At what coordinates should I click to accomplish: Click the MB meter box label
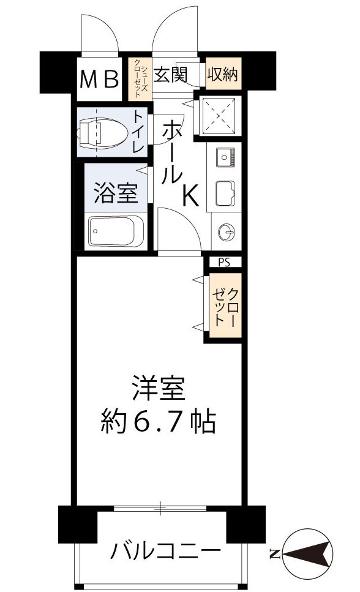pyautogui.click(x=100, y=79)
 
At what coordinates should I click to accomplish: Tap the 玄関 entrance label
pyautogui.click(x=170, y=75)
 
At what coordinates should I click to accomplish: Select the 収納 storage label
pyautogui.click(x=223, y=75)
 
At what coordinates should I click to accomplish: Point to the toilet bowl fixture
pyautogui.click(x=101, y=131)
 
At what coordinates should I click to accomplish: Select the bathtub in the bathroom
pyautogui.click(x=115, y=231)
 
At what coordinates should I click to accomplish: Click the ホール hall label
pyautogui.click(x=173, y=153)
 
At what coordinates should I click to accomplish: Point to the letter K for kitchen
pyautogui.click(x=189, y=196)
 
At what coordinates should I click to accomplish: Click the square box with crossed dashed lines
pyautogui.click(x=219, y=114)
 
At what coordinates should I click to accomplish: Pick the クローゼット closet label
pyautogui.click(x=225, y=306)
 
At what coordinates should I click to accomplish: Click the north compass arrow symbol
pyautogui.click(x=307, y=553)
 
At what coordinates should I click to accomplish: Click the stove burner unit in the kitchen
pyautogui.click(x=224, y=158)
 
